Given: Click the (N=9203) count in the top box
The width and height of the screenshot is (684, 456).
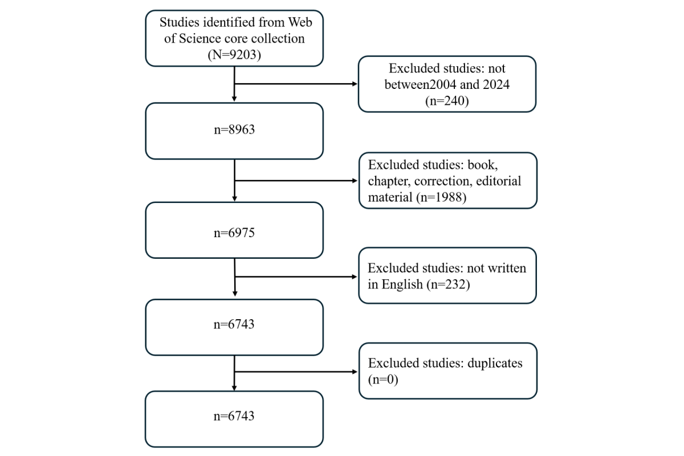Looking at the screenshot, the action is tap(234, 55).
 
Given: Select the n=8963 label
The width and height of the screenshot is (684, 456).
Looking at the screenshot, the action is tap(234, 129).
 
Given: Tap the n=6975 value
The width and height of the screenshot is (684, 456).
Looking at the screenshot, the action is tap(234, 233).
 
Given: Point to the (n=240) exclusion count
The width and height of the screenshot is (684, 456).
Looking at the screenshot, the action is tap(447, 100).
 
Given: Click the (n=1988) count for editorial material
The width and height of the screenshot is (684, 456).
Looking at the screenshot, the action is tap(441, 197).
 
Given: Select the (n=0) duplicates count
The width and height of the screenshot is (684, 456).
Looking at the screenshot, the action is tap(383, 380).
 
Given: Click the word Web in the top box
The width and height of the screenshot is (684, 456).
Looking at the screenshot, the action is tap(300, 22).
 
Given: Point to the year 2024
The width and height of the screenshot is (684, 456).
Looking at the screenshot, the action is tap(496, 84).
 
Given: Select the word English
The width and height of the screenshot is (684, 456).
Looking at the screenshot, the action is tap(402, 284).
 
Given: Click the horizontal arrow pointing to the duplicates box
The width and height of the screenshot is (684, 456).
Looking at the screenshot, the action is tap(296, 372).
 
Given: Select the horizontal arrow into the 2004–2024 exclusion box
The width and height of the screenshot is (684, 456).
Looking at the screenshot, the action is tap(296, 84).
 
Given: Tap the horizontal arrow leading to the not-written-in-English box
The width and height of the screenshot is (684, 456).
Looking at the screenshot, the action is tap(296, 276).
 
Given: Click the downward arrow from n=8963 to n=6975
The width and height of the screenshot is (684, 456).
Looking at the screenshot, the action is tap(234, 180).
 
